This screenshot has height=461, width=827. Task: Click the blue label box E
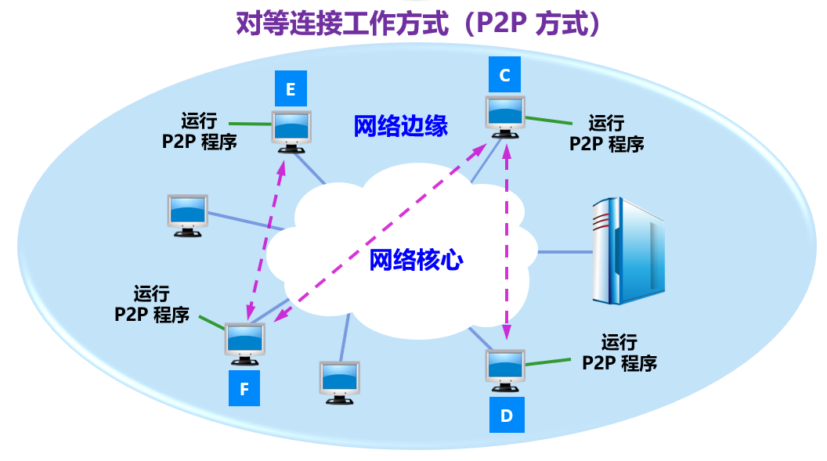tap(291, 88)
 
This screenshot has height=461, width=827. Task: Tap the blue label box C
tap(505, 75)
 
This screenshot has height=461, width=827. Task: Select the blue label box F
tap(244, 388)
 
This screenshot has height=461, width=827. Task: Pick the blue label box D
tap(507, 415)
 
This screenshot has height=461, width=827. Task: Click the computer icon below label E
tap(291, 131)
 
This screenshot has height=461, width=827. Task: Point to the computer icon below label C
tap(505, 117)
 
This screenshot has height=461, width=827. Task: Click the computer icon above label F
tap(244, 344)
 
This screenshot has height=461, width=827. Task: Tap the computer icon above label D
tap(505, 370)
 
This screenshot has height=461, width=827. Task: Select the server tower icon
tap(628, 250)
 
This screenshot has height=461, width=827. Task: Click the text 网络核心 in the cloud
tap(416, 260)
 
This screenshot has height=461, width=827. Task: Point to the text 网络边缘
tap(401, 126)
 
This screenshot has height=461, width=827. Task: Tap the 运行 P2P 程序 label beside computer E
tap(200, 131)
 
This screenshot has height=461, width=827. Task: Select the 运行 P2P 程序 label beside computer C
tap(606, 134)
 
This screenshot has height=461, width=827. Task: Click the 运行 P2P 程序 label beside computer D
tap(619, 352)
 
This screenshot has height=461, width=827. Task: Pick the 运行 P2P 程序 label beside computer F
tap(152, 304)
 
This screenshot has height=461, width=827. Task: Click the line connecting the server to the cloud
tap(565, 252)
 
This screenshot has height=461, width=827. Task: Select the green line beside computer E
tap(251, 124)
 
